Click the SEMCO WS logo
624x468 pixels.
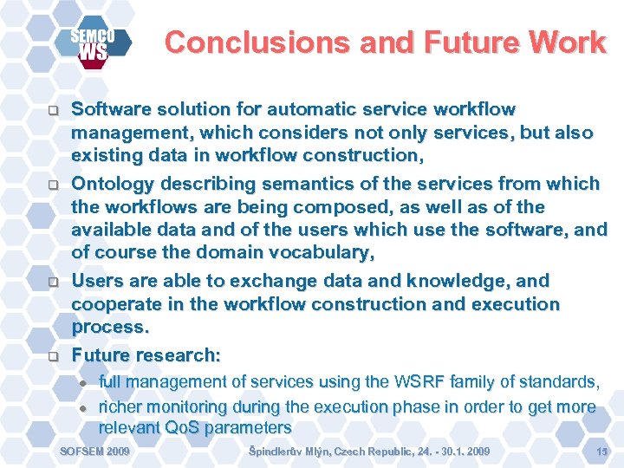[x=94, y=44]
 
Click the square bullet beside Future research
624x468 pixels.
[x=52, y=356]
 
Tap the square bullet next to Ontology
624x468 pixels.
[x=52, y=185]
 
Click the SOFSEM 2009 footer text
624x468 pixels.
[x=94, y=452]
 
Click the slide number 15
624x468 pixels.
[x=602, y=452]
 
